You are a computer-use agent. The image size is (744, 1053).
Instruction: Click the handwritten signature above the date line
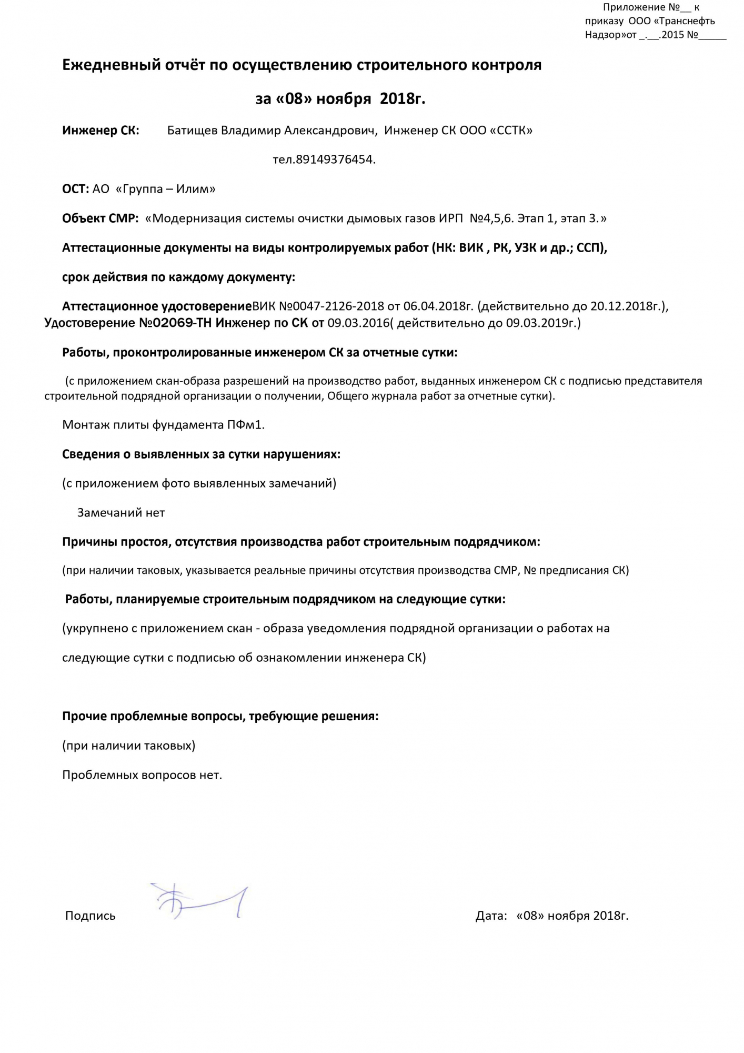point(199,902)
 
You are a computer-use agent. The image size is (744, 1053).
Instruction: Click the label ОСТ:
point(75,189)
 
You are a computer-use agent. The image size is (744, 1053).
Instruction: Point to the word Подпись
point(90,916)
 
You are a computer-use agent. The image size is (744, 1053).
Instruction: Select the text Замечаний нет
point(121,512)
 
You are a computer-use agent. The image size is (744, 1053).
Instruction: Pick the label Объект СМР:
point(100,218)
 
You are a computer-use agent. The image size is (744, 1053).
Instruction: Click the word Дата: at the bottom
point(491,916)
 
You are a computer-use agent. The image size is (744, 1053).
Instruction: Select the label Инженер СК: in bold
point(100,130)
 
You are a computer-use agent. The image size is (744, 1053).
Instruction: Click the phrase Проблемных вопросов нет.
point(142,775)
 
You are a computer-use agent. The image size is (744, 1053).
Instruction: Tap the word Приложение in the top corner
point(634,7)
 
